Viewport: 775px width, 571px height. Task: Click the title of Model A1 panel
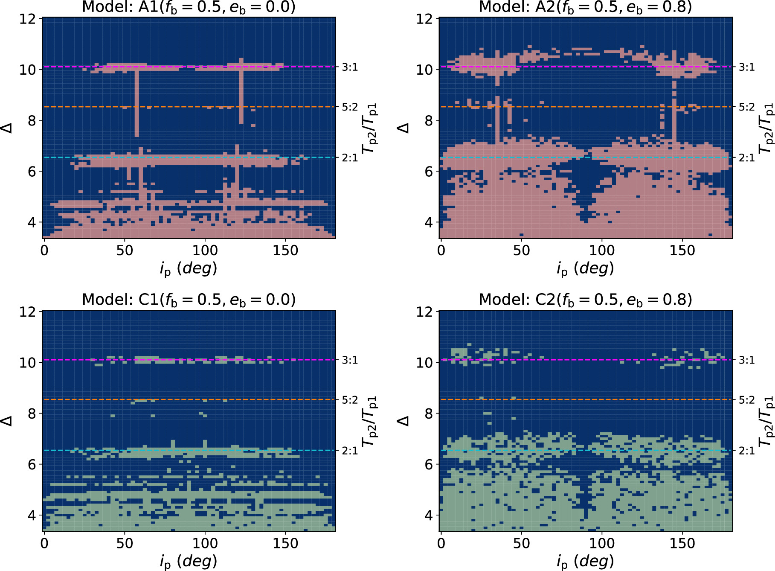[189, 7]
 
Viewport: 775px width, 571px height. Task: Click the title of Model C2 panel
[585, 300]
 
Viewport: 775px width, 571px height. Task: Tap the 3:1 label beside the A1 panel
[350, 67]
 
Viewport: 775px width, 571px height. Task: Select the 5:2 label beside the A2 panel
[747, 107]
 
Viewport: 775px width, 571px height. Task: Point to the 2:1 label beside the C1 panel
[350, 451]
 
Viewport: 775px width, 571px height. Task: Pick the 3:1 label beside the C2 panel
[747, 360]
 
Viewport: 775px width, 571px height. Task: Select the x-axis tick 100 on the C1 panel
[205, 543]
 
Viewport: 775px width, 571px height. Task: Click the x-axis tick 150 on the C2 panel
[682, 543]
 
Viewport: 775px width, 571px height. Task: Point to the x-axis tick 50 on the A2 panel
[521, 250]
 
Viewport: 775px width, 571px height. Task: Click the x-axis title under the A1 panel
[189, 268]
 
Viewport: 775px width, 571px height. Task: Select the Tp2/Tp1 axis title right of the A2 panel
[766, 128]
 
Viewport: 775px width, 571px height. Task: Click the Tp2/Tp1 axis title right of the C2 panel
[766, 421]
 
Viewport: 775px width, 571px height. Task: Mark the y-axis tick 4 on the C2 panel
[428, 516]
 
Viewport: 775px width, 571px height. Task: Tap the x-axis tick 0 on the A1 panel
[44, 250]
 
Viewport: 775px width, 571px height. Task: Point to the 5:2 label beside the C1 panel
[350, 400]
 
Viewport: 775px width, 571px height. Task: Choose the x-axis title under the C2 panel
[585, 561]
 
